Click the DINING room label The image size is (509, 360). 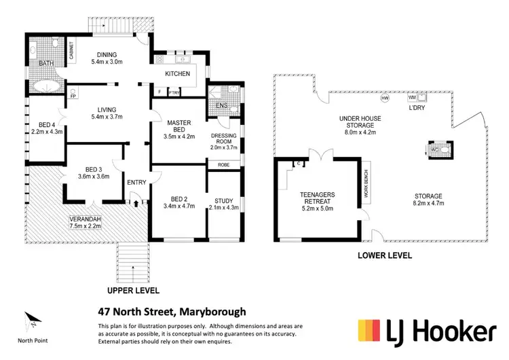point(107,56)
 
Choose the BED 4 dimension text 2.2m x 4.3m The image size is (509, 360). point(48,132)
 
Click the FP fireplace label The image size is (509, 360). point(72,96)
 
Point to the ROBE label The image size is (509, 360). point(223,165)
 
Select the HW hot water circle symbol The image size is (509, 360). point(385,99)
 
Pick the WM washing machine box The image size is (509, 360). point(411,98)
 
